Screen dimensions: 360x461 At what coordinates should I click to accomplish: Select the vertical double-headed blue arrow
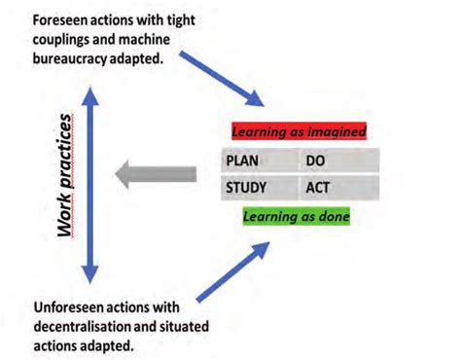coord(89,179)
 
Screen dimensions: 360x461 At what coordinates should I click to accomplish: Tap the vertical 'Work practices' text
coord(66,176)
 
